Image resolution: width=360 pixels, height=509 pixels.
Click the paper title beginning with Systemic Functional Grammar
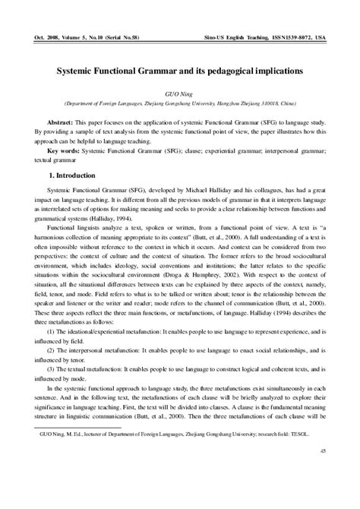click(180, 68)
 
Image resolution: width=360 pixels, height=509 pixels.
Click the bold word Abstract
click(62, 122)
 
